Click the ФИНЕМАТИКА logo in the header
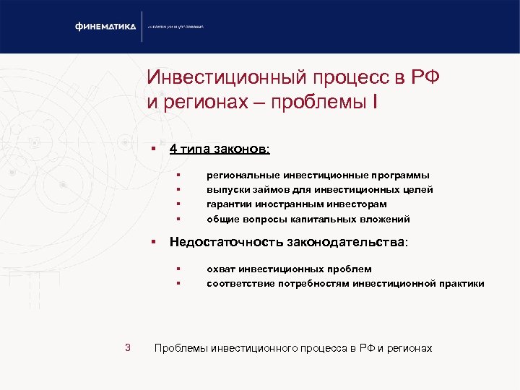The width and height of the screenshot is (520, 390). point(105,27)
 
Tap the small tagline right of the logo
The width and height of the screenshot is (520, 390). point(176,27)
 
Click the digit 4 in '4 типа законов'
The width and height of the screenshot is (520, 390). point(173,149)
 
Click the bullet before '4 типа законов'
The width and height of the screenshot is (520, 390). point(154,149)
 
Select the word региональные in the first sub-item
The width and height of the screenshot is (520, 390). point(241,175)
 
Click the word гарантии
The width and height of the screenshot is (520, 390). point(228,204)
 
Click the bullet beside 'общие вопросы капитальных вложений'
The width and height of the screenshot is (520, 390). point(176,219)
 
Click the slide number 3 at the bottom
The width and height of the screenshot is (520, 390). point(127,348)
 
